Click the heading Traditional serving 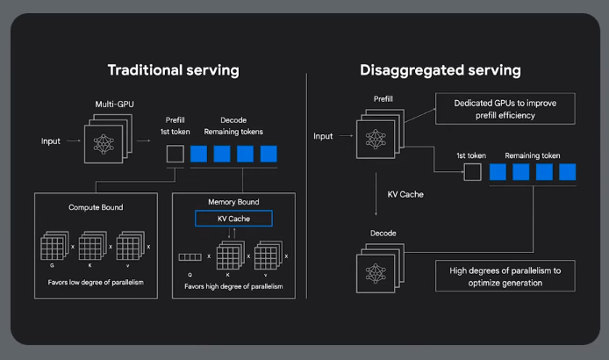(173, 69)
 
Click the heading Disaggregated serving (440, 69)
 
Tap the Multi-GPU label (113, 105)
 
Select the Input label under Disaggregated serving (324, 136)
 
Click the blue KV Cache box (233, 219)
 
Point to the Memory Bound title (233, 202)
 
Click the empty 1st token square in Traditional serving (175, 155)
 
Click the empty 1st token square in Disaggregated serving (472, 171)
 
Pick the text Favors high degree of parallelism (233, 286)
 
